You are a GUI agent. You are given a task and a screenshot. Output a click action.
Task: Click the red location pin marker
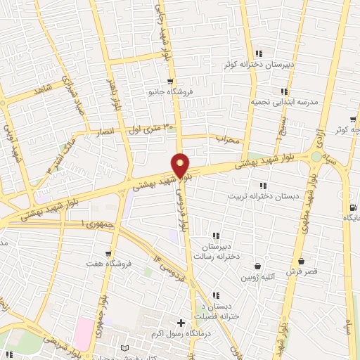click(181, 165)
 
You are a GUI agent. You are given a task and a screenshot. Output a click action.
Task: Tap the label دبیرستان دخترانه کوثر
click(259, 65)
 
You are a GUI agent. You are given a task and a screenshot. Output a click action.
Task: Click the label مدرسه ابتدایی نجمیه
click(285, 102)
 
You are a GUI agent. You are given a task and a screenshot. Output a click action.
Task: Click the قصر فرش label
click(302, 271)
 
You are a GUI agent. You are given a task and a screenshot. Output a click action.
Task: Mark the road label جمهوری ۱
click(90, 223)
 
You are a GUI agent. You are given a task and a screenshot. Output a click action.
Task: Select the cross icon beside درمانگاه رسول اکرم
click(181, 323)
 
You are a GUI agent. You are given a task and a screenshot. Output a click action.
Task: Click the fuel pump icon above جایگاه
click(352, 207)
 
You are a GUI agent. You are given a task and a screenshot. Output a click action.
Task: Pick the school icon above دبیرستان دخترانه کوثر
click(259, 53)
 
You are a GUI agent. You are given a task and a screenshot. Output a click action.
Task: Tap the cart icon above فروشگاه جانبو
click(170, 82)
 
